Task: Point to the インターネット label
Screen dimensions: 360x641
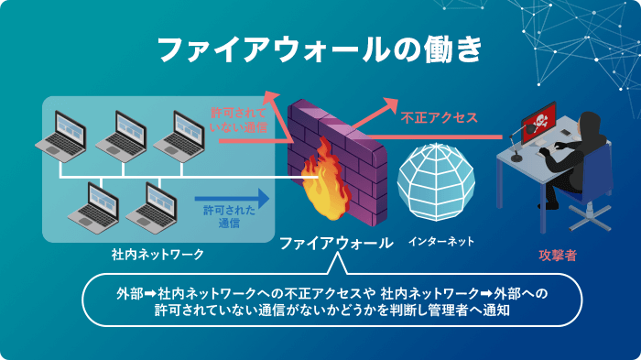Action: [x=441, y=243]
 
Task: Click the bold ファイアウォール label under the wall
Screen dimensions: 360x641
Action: [x=335, y=243]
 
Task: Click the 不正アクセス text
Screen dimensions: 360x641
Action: [x=439, y=118]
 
